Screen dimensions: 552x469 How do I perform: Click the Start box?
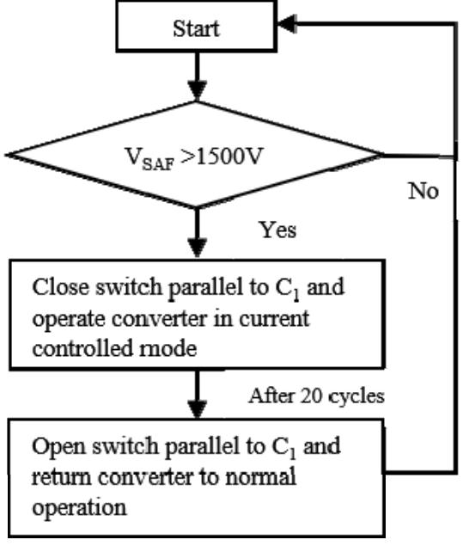tap(197, 28)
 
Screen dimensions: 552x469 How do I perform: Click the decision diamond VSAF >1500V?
tap(197, 156)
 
